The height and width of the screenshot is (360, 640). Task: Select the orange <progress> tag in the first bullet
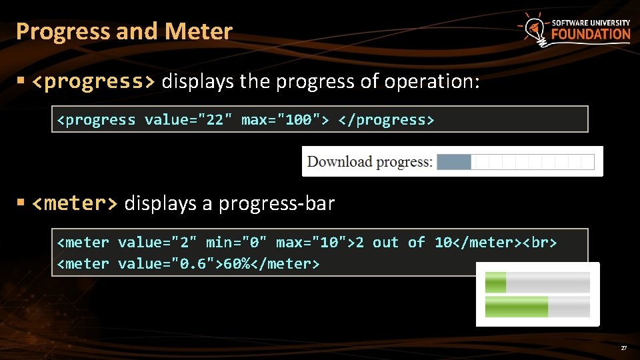93,81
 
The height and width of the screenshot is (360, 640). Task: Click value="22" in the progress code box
187,120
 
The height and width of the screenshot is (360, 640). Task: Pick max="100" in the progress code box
285,120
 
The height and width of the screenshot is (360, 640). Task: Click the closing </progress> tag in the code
387,120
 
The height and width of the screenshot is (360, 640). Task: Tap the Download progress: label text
369,161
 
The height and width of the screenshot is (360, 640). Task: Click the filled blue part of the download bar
454,161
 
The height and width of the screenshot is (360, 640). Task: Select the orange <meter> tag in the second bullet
74,203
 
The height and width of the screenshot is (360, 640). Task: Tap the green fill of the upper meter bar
495,283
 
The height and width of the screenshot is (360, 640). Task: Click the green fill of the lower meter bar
516,307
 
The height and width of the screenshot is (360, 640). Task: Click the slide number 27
623,348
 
